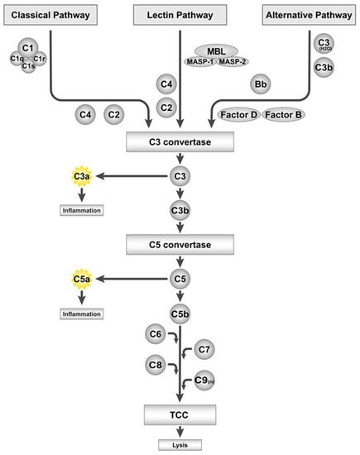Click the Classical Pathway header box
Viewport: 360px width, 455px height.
49,14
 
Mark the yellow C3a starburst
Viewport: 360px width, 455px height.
80,176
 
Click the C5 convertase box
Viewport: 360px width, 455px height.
180,245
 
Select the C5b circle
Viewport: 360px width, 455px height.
180,314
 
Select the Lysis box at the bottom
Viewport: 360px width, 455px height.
180,443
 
